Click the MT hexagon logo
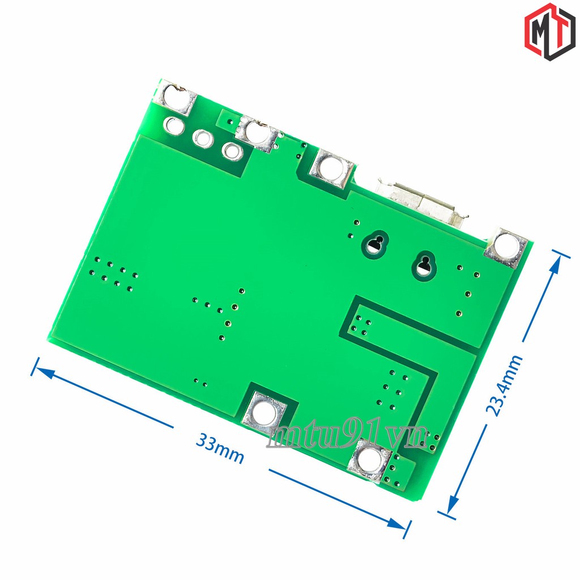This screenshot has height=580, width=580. pos(550,32)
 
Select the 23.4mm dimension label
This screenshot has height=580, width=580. pos(504,385)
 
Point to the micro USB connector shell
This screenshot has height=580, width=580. pos(421,202)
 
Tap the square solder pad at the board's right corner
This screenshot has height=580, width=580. pos(506,248)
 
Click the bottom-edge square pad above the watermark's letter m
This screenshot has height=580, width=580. pos(264,412)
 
